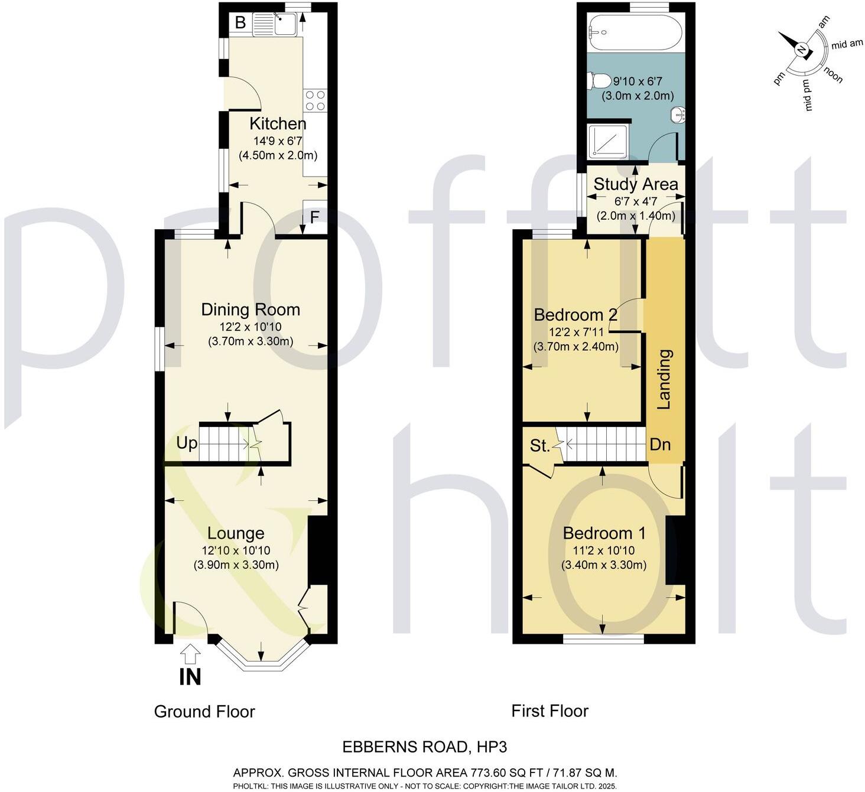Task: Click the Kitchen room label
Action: (278, 123)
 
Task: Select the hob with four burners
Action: (314, 100)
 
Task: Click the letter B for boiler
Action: (240, 23)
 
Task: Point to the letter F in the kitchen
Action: (314, 217)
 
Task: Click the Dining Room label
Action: (251, 309)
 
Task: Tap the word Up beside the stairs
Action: (187, 443)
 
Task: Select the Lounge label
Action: (236, 533)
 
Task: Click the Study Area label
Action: (636, 184)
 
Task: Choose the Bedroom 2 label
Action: (575, 315)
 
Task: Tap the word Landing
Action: (665, 379)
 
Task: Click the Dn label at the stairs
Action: (660, 444)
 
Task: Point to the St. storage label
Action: (539, 446)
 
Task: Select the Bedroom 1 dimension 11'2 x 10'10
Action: (604, 550)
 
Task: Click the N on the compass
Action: (801, 50)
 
